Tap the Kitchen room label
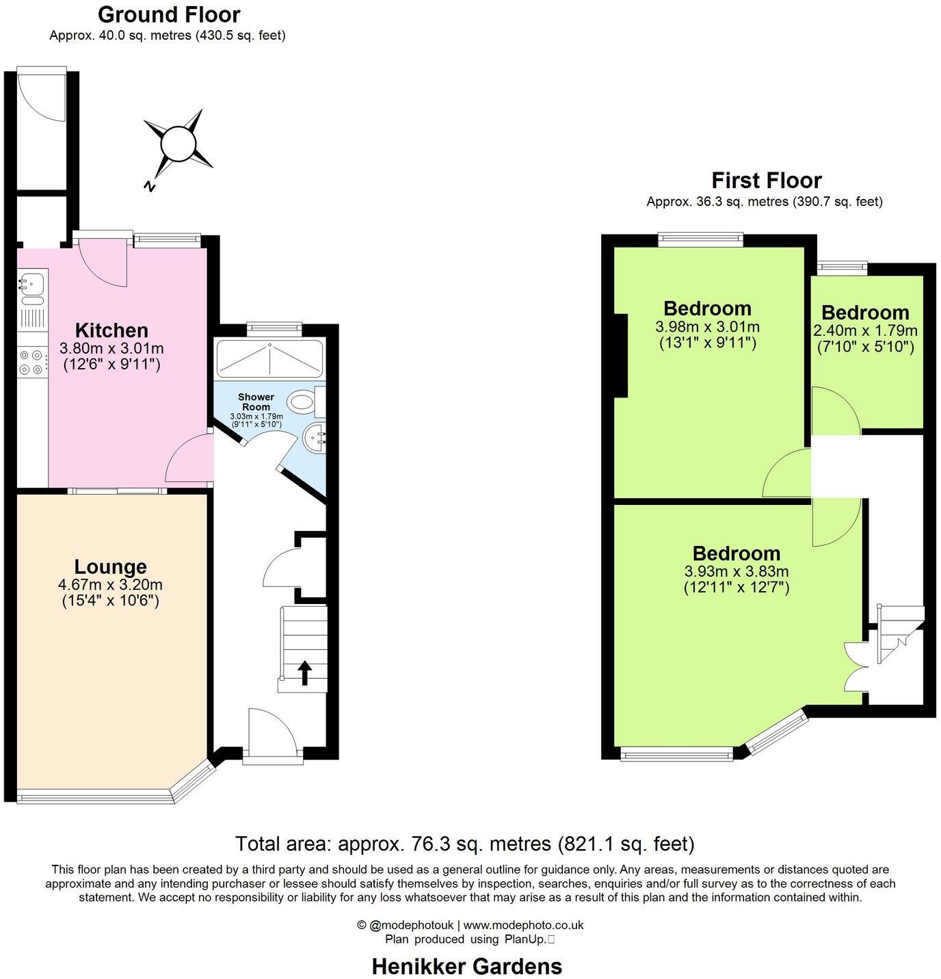tap(111, 330)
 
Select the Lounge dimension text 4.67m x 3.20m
tap(110, 585)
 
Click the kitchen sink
tap(31, 283)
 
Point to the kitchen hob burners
tap(31, 362)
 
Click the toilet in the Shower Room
tap(302, 402)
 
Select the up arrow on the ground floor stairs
tap(304, 673)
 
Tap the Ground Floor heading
tap(169, 14)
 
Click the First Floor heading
tap(766, 181)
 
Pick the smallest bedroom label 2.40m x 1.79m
tap(865, 331)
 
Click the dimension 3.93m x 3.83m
tap(736, 571)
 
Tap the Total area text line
tap(464, 844)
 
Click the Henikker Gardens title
tap(466, 966)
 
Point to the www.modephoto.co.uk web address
tap(523, 925)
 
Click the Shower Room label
tap(256, 402)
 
